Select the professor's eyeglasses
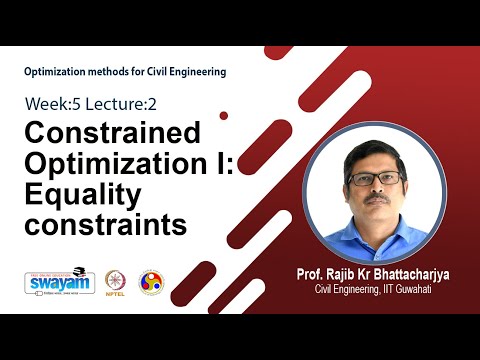point(376,178)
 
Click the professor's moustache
point(378,200)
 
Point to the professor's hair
point(374,150)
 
